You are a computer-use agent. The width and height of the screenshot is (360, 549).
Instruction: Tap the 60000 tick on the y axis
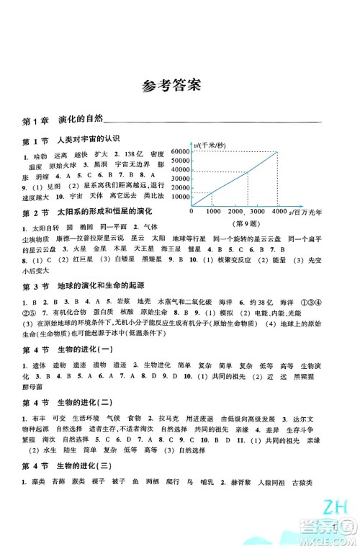tap(181, 151)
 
